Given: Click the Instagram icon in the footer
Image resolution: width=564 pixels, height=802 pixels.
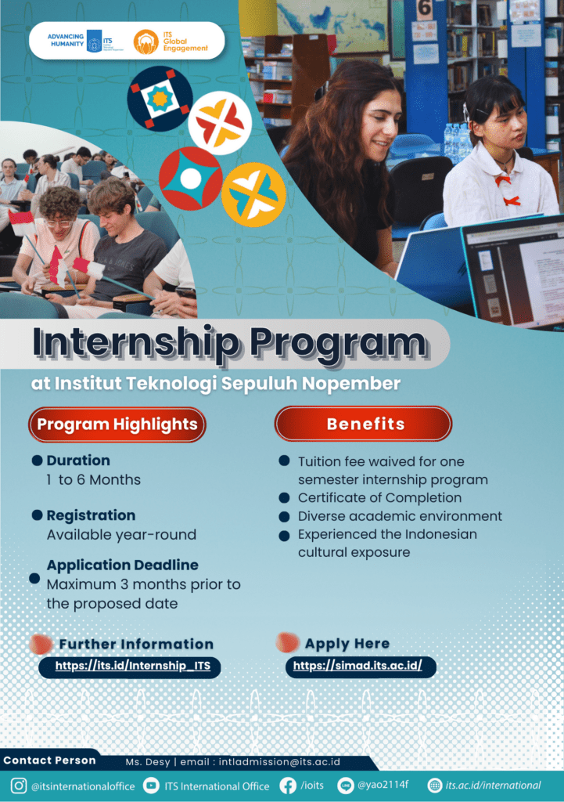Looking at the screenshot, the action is pyautogui.click(x=19, y=786).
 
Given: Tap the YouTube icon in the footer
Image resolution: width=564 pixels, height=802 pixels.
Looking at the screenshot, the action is pyautogui.click(x=151, y=785).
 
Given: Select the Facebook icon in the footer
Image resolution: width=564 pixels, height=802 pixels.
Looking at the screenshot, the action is pyautogui.click(x=288, y=786).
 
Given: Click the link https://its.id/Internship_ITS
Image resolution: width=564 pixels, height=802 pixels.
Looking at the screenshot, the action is pyautogui.click(x=133, y=666).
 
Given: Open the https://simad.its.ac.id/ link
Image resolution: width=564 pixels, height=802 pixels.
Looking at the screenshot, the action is pyautogui.click(x=357, y=665).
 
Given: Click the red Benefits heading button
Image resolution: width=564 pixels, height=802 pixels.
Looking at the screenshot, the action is pyautogui.click(x=363, y=424).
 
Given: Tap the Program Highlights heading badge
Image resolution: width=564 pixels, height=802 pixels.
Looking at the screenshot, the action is pyautogui.click(x=117, y=424).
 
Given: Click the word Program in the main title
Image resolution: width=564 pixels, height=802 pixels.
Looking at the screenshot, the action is pyautogui.click(x=338, y=344).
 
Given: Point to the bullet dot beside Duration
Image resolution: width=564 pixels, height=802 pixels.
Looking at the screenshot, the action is pyautogui.click(x=37, y=461).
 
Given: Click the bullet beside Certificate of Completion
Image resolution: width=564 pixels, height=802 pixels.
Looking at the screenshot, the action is pyautogui.click(x=285, y=497).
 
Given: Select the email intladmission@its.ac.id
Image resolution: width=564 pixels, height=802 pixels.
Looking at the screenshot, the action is pyautogui.click(x=279, y=761).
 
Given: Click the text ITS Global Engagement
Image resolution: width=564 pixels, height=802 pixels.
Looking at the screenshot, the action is pyautogui.click(x=185, y=42).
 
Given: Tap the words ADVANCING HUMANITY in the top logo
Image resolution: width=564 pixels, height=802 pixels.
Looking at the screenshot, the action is pyautogui.click(x=66, y=41).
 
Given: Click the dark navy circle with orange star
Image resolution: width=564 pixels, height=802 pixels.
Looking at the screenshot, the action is pyautogui.click(x=160, y=99).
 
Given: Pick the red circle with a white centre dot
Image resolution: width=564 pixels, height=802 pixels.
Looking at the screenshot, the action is pyautogui.click(x=191, y=179).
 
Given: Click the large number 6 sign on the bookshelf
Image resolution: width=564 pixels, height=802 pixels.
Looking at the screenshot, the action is pyautogui.click(x=425, y=9).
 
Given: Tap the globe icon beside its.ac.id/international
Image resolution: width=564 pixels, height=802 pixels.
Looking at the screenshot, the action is pyautogui.click(x=434, y=785).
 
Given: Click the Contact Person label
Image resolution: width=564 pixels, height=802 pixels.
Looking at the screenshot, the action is pyautogui.click(x=49, y=760).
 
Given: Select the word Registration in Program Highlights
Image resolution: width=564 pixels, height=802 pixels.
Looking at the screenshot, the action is pyautogui.click(x=91, y=515).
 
